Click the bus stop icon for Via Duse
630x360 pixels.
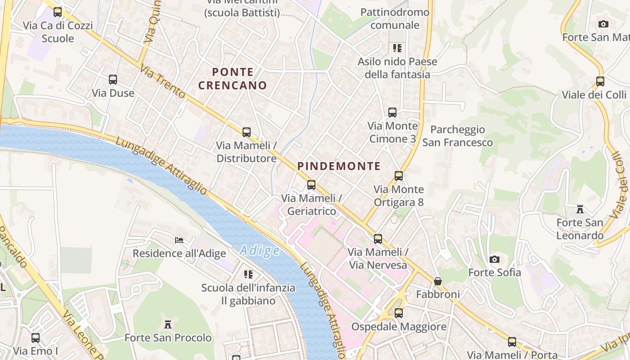click(x=113, y=80)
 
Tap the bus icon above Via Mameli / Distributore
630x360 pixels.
click(x=246, y=132)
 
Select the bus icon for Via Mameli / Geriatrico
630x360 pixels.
click(x=311, y=184)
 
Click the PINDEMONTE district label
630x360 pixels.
click(x=339, y=166)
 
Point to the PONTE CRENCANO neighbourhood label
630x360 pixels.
click(x=233, y=78)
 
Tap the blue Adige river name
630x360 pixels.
click(x=260, y=251)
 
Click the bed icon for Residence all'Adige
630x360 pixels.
click(x=179, y=240)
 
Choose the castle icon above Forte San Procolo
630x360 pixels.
click(x=168, y=324)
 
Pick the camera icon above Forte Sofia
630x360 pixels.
click(x=494, y=259)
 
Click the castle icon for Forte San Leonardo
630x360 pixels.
click(x=580, y=209)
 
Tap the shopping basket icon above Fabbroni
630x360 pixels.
click(x=437, y=281)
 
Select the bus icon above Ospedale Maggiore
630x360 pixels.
click(x=399, y=313)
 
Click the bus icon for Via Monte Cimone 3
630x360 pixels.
click(x=392, y=112)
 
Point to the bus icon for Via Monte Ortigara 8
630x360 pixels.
click(x=398, y=175)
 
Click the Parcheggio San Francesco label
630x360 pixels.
click(x=458, y=136)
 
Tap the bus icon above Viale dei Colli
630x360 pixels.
click(x=600, y=81)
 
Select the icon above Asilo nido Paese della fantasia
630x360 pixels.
click(x=397, y=48)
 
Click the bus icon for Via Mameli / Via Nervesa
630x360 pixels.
click(x=378, y=238)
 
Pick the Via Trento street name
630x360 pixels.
click(x=162, y=81)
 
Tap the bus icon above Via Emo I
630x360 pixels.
click(x=36, y=337)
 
